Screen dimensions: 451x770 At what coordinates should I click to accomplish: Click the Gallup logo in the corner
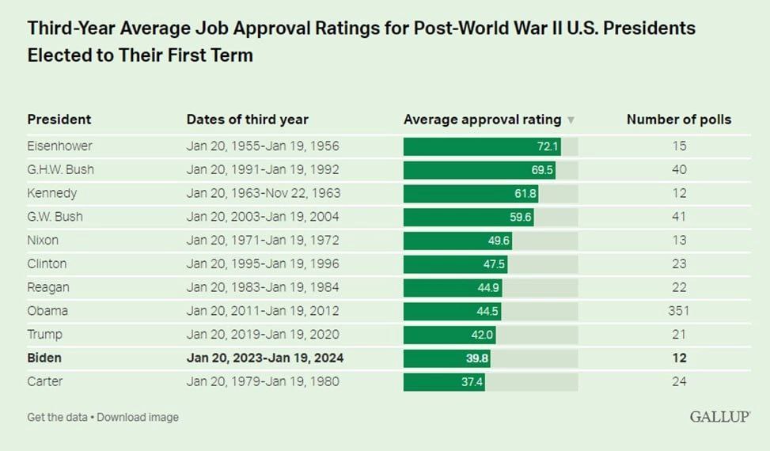point(719,416)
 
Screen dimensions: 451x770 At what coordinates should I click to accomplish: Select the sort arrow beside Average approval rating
point(571,120)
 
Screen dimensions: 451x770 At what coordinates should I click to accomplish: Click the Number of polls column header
point(678,119)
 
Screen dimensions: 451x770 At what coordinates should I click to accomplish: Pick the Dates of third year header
point(247,119)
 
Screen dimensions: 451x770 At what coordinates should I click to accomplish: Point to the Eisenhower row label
point(59,146)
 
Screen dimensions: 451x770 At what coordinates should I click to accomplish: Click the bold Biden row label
point(44,358)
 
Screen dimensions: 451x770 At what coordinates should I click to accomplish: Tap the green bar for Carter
point(445,381)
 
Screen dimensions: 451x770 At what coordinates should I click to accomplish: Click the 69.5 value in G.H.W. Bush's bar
point(543,170)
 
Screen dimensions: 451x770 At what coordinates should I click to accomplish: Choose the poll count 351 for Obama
point(678,311)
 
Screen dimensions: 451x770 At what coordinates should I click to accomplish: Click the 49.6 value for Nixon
point(499,241)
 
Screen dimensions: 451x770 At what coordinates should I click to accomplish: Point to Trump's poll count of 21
point(678,335)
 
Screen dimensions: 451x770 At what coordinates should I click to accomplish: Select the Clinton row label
point(47,264)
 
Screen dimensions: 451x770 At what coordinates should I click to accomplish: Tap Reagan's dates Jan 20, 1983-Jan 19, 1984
point(263,287)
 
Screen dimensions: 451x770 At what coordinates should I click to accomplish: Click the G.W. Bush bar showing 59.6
point(468,217)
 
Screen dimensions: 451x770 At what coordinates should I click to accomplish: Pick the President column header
point(59,119)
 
